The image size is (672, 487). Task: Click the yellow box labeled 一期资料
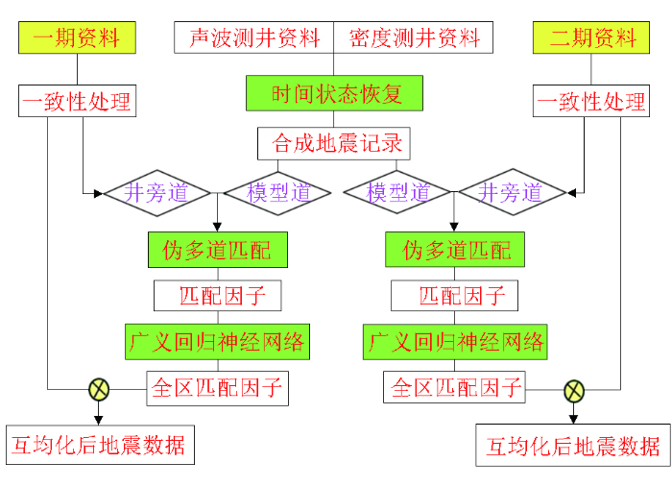click(77, 38)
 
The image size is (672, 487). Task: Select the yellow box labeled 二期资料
click(592, 38)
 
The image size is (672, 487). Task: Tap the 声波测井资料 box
click(254, 38)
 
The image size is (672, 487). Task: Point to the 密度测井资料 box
click(414, 38)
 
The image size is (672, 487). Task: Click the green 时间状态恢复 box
click(335, 93)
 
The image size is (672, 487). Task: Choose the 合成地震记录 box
click(335, 144)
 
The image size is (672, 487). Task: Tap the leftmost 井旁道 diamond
click(156, 192)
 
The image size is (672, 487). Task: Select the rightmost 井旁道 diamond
click(509, 192)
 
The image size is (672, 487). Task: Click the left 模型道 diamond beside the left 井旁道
click(277, 192)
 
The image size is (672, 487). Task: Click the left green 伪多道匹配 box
click(217, 250)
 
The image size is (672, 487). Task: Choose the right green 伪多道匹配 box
click(455, 250)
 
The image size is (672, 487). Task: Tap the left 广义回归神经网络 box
click(217, 341)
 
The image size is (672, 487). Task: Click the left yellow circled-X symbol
click(99, 389)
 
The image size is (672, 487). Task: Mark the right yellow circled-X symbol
click(573, 390)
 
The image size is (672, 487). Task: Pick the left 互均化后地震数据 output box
click(97, 446)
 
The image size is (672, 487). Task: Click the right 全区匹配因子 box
click(455, 388)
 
